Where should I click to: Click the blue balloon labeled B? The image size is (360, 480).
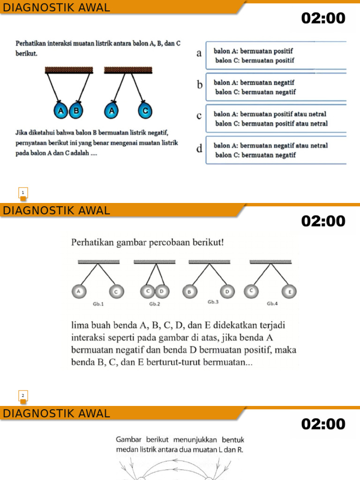[76, 111]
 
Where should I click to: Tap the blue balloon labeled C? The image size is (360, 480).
[145, 111]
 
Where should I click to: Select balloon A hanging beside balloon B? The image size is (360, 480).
[60, 111]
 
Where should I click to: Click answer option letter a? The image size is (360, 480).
[199, 53]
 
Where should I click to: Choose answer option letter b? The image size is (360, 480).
[200, 85]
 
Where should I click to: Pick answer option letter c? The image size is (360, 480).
[199, 116]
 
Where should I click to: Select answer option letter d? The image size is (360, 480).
[200, 149]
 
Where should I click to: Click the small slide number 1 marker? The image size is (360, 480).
[23, 193]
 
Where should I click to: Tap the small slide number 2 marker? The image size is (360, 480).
[23, 396]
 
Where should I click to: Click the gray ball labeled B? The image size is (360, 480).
[189, 292]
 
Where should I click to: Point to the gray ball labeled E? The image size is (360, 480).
[290, 292]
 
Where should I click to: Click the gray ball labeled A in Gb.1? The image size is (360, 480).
[79, 292]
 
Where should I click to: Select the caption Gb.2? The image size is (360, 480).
[155, 304]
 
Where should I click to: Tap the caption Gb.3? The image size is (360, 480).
[214, 302]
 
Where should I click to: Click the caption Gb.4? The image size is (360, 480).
[272, 304]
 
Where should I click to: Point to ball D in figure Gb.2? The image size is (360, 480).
[162, 292]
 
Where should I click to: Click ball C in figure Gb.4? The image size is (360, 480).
[251, 291]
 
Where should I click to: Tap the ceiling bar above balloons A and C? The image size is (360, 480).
[128, 70]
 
